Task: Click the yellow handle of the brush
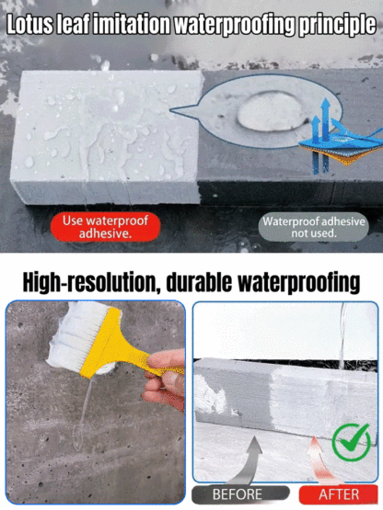[x=131, y=347]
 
